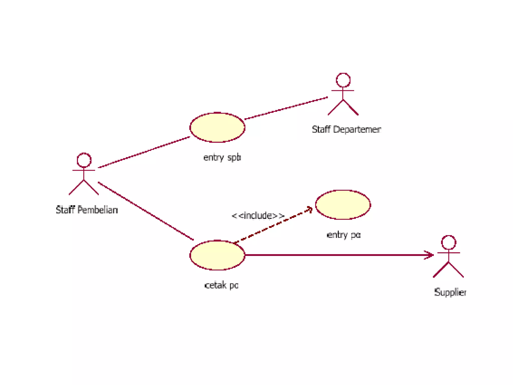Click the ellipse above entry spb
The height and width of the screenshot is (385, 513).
217,127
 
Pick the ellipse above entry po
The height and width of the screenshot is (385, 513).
343,205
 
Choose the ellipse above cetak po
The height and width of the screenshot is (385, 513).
217,255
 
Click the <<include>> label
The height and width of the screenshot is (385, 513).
258,216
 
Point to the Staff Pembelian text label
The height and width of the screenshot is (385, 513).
87,210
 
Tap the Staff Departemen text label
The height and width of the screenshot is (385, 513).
346,130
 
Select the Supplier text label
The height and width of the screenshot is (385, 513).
450,292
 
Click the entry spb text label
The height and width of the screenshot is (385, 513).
222,158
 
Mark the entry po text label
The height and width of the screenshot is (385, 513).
344,235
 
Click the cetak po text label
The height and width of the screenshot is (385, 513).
221,285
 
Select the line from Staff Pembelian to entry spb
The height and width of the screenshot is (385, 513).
144,152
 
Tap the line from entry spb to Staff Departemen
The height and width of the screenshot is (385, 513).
286,108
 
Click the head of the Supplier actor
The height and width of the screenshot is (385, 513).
448,242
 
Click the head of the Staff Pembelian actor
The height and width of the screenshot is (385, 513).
84,160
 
